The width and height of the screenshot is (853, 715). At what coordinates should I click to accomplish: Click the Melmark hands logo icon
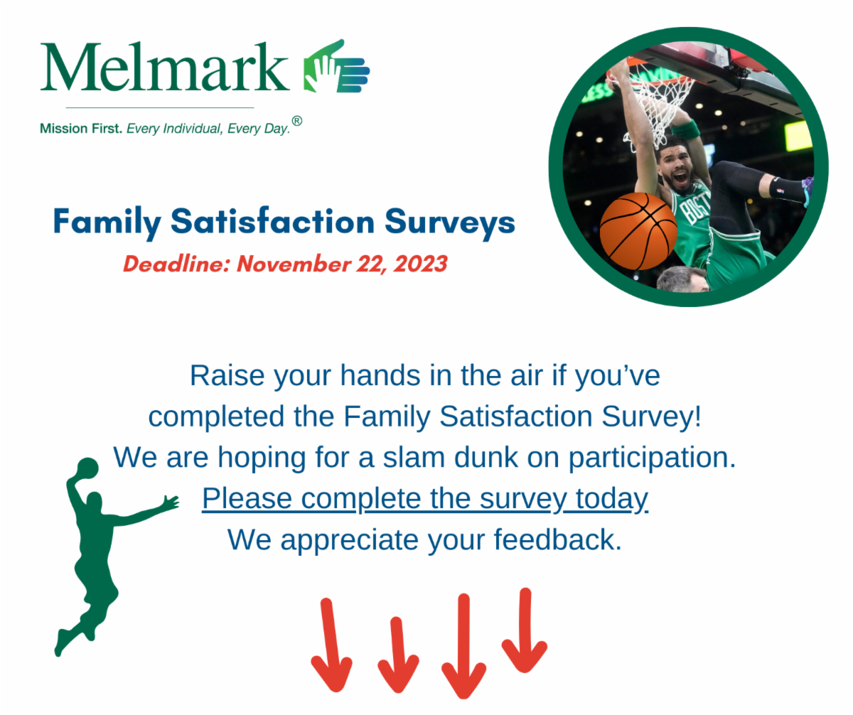click(x=336, y=68)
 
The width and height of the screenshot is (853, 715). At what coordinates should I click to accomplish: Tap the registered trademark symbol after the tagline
click(x=297, y=122)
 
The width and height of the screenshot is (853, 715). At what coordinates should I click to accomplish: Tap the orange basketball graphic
click(x=638, y=231)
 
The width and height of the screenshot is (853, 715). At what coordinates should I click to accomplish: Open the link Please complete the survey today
click(x=425, y=499)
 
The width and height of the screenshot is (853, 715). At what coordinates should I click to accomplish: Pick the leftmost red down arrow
click(x=331, y=647)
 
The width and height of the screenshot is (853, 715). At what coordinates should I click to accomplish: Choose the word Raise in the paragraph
click(x=226, y=375)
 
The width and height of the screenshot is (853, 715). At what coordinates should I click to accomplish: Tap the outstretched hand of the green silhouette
click(x=171, y=502)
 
